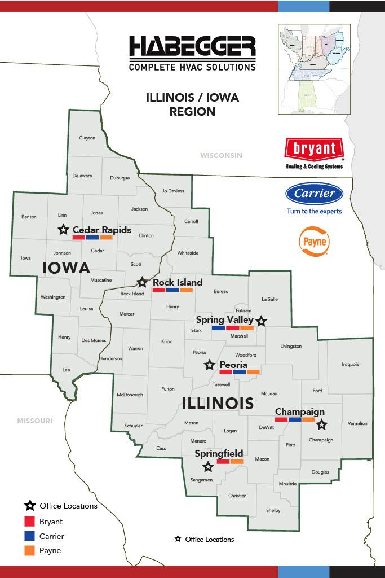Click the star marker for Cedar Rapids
(x=63, y=230)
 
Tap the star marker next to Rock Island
(x=143, y=282)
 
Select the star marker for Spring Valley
(x=261, y=321)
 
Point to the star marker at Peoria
(x=209, y=365)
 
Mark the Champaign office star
(x=321, y=424)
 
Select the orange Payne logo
(x=314, y=242)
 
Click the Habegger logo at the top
(x=192, y=54)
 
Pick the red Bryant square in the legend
(x=30, y=522)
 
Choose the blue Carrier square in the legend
(x=30, y=536)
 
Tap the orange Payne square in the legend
(x=30, y=550)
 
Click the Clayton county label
(x=87, y=138)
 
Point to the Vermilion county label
(x=357, y=423)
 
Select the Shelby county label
(x=273, y=510)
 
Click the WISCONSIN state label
(x=221, y=155)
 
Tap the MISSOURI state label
(x=34, y=421)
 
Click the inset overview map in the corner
(x=314, y=69)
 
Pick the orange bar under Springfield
(x=237, y=462)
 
